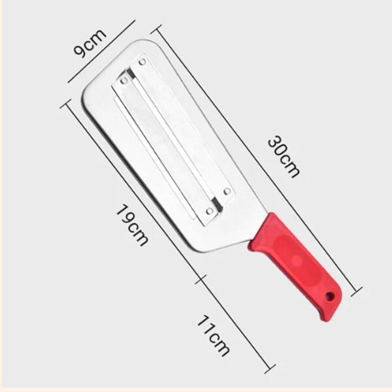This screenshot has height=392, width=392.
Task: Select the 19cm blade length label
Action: point(131,225)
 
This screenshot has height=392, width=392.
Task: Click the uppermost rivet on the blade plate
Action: point(142,63)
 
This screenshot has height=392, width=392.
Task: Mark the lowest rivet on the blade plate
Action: point(209,211)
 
